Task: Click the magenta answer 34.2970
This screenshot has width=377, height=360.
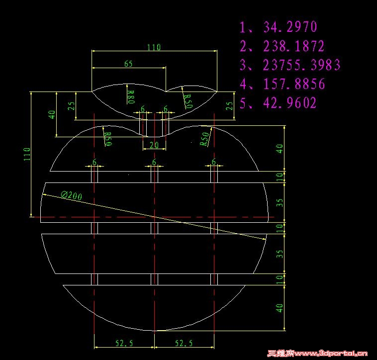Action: click(x=290, y=27)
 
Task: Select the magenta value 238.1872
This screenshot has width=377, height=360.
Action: click(x=294, y=46)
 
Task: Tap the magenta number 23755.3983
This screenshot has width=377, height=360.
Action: click(x=302, y=65)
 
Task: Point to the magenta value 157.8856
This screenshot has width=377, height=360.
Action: click(x=294, y=84)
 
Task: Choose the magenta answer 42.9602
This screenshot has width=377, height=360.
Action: click(x=290, y=102)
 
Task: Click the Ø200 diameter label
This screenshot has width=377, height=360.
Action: click(x=72, y=195)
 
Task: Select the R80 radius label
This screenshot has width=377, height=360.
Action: click(x=131, y=97)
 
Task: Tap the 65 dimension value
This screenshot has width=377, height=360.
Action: click(x=128, y=64)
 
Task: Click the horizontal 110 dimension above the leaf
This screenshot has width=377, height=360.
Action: click(x=154, y=47)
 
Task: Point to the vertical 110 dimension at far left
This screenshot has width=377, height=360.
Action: click(x=27, y=154)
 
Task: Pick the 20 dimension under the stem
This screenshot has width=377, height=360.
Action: click(x=154, y=145)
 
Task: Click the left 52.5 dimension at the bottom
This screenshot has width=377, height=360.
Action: click(x=124, y=343)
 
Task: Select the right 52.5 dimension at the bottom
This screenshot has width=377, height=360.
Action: click(x=184, y=343)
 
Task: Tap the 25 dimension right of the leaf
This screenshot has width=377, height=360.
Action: click(x=230, y=106)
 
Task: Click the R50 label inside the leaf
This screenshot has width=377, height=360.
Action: click(x=188, y=101)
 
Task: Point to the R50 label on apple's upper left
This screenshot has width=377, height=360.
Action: click(x=108, y=139)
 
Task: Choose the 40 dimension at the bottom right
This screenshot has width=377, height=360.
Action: click(x=280, y=308)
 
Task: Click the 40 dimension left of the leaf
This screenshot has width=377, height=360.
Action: click(x=52, y=114)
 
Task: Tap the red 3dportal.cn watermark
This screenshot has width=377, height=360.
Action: click(x=317, y=353)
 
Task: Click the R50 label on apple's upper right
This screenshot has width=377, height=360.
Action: click(x=205, y=139)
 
